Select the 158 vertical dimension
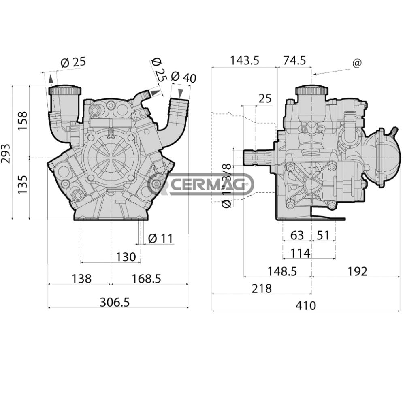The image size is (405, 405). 23,120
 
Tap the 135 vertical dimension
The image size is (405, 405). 23,184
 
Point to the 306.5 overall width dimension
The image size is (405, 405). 115,302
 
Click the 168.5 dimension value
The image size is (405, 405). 146,279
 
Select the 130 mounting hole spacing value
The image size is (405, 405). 126,257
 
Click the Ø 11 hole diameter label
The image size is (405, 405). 161,239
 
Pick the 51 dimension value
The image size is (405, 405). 323,235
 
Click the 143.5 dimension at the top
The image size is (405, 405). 244,60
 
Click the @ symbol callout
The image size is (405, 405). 357,63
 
